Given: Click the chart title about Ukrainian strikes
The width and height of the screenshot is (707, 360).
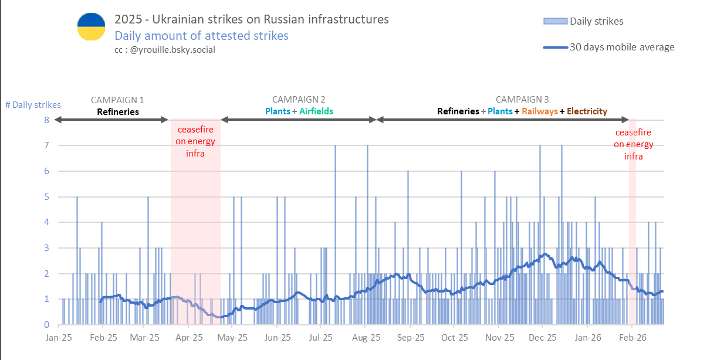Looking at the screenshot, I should pyautogui.click(x=251, y=19).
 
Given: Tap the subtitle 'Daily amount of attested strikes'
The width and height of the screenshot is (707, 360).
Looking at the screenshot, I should pyautogui.click(x=201, y=36).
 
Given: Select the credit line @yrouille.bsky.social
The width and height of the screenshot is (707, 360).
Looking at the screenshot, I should pyautogui.click(x=165, y=50).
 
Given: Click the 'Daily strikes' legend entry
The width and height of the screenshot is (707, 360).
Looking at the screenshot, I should pyautogui.click(x=596, y=21).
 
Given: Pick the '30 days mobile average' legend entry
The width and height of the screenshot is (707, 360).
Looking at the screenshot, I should pyautogui.click(x=622, y=47).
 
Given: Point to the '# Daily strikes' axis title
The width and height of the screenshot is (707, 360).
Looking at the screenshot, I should pyautogui.click(x=33, y=105).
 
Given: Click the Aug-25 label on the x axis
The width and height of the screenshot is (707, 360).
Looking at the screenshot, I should pyautogui.click(x=366, y=338).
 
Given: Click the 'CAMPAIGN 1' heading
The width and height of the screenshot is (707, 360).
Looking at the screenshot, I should pyautogui.click(x=117, y=100).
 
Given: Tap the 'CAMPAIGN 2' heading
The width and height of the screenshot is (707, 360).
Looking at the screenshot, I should pyautogui.click(x=299, y=100).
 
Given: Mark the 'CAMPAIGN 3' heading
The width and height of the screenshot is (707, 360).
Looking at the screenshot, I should pyautogui.click(x=522, y=100).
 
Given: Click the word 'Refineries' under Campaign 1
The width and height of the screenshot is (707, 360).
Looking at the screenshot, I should pyautogui.click(x=118, y=111).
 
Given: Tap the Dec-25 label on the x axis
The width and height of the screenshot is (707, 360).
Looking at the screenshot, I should pyautogui.click(x=543, y=338).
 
